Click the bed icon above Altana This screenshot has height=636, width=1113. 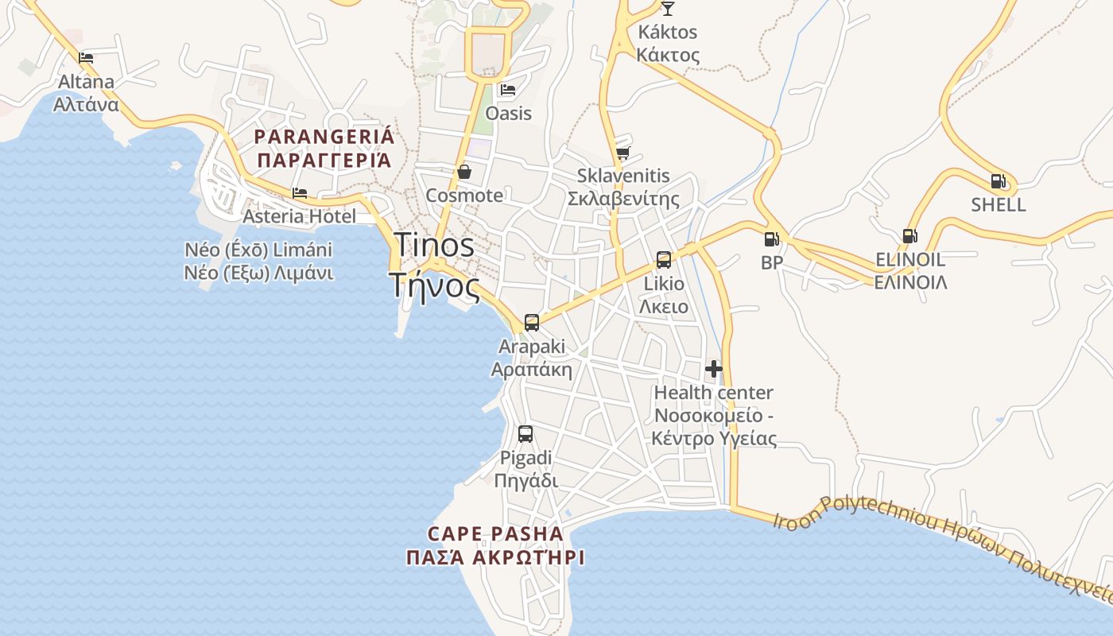(x=86, y=57)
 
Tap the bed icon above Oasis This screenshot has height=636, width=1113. (x=508, y=89)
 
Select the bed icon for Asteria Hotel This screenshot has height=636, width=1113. (x=299, y=192)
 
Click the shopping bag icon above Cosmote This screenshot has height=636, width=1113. (x=464, y=172)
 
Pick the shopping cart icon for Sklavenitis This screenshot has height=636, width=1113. (x=622, y=152)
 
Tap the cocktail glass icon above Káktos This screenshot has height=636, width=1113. (x=667, y=9)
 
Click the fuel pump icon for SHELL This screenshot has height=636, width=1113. (x=998, y=181)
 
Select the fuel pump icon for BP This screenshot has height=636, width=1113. (x=770, y=238)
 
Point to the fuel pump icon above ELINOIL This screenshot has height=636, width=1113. (x=909, y=236)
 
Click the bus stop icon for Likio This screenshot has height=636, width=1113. (x=663, y=260)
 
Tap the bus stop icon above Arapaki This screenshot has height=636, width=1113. (x=531, y=323)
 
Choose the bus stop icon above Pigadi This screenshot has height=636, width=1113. (x=525, y=434)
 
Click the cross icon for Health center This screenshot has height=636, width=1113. (x=714, y=369)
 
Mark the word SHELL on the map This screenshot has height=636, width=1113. (x=998, y=205)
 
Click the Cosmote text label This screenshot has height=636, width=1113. (x=464, y=196)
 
